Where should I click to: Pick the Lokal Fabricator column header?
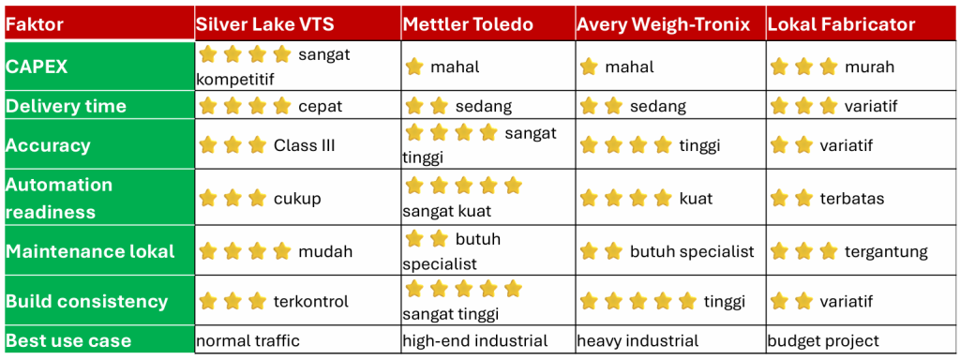point(841,24)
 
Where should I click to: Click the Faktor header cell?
point(35,25)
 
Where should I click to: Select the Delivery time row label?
point(67,106)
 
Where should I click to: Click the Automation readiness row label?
point(59,199)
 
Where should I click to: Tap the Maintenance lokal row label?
point(90,251)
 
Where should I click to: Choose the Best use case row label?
point(68,340)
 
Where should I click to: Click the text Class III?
point(305,145)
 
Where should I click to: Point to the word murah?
point(869,67)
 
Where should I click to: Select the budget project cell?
point(823,341)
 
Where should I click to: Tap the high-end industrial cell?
point(475,340)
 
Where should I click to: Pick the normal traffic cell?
point(247,340)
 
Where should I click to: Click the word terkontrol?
point(311,301)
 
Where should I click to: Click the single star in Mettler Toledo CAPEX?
point(414,67)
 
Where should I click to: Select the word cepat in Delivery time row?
point(321,107)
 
